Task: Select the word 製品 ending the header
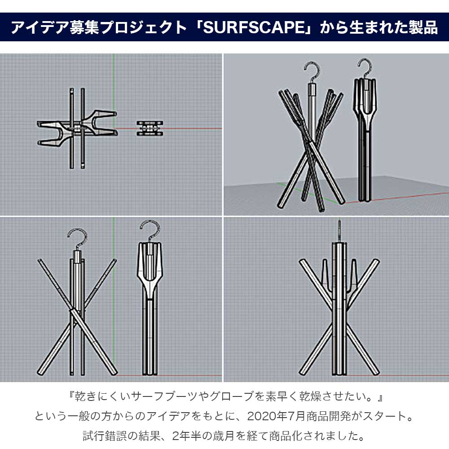tap(424, 28)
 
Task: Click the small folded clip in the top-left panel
tap(150, 128)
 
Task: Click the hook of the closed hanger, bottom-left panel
tap(150, 229)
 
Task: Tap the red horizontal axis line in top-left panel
tap(193, 128)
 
